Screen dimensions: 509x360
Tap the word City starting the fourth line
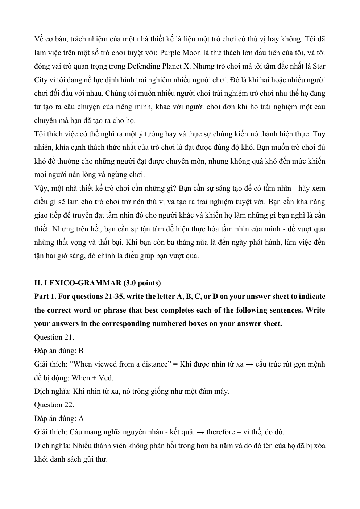41,80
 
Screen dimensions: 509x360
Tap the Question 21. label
54,337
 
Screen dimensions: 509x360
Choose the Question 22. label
54,405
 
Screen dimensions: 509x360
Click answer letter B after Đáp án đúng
81,351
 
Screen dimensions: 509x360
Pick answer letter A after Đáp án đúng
81,418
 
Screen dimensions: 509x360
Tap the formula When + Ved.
92,378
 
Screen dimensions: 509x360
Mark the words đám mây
216,391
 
